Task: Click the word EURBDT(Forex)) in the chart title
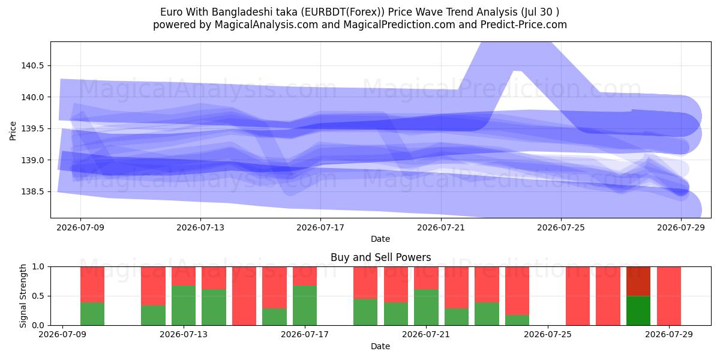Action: tap(343, 12)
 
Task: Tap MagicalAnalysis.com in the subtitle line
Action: tap(266, 25)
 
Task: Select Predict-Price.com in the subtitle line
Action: tap(524, 25)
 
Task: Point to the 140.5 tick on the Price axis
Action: tap(32, 65)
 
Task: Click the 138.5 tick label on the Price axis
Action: tap(32, 191)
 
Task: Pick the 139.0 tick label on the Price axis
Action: tap(32, 160)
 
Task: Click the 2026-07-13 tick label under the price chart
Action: tap(200, 227)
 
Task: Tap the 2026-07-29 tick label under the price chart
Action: tap(681, 227)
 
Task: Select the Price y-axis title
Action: tap(13, 131)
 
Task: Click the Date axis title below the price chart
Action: tap(380, 239)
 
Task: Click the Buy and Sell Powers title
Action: tap(380, 257)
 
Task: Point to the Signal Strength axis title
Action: tap(23, 296)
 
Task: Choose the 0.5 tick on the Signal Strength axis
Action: tap(38, 296)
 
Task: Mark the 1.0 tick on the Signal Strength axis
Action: tap(38, 266)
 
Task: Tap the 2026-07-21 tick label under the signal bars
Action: tap(426, 335)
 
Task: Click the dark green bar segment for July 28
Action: tap(638, 311)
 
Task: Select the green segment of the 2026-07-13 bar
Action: tap(184, 305)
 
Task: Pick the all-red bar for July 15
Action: tap(244, 296)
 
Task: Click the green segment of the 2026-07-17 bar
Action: tap(305, 305)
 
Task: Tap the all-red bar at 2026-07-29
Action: tap(669, 296)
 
